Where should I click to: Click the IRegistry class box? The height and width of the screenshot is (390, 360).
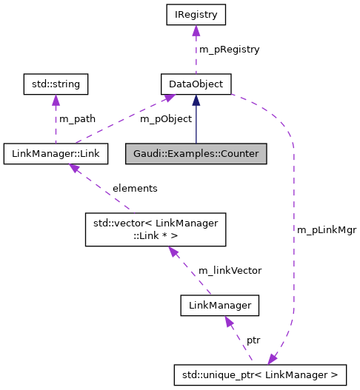(196, 14)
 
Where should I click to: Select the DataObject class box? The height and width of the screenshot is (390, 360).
(196, 84)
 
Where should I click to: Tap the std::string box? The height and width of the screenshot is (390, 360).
(56, 84)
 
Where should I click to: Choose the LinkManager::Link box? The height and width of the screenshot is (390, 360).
(56, 154)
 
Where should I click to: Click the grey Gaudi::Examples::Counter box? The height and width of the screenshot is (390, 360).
(196, 154)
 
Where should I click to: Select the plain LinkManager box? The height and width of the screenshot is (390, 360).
(220, 305)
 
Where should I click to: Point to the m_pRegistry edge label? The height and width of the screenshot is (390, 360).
(229, 49)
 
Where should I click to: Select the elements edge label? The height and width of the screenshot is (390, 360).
(134, 188)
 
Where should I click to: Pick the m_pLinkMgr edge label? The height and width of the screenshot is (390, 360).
(327, 229)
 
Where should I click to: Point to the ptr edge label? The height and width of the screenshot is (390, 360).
(253, 340)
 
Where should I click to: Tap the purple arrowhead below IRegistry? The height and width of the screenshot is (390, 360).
(196, 31)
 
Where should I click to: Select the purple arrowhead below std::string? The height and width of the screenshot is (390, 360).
(56, 101)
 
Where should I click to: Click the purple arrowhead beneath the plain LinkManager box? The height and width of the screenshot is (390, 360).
(230, 322)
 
